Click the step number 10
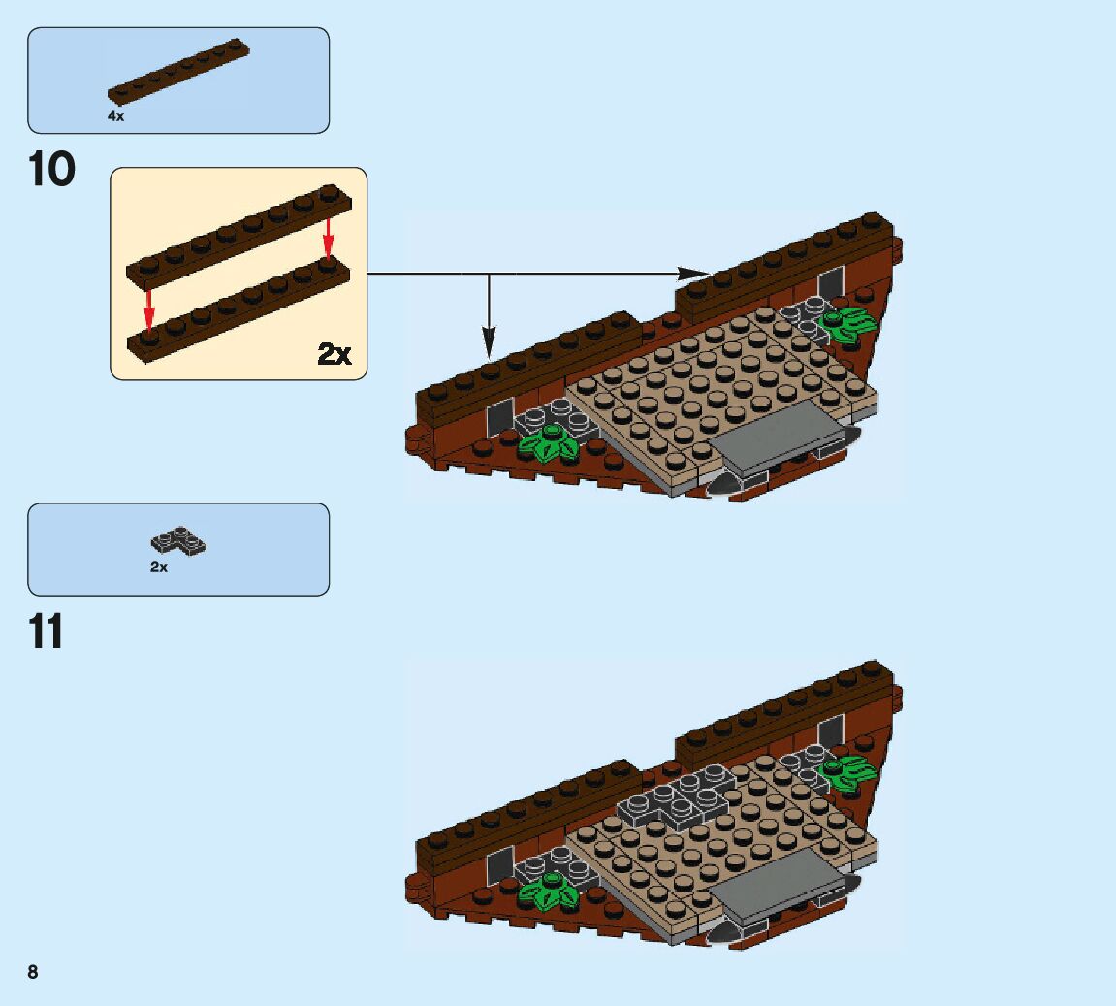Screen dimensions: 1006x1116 click(52, 170)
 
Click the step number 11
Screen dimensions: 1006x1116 click(47, 632)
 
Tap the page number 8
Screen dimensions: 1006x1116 click(33, 972)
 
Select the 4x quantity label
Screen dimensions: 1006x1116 click(115, 115)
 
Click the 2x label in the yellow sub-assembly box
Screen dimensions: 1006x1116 click(335, 354)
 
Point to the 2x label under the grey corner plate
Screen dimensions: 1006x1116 click(159, 567)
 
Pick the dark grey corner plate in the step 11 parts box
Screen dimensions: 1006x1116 click(178, 541)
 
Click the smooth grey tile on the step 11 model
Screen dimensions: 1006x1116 click(780, 884)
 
